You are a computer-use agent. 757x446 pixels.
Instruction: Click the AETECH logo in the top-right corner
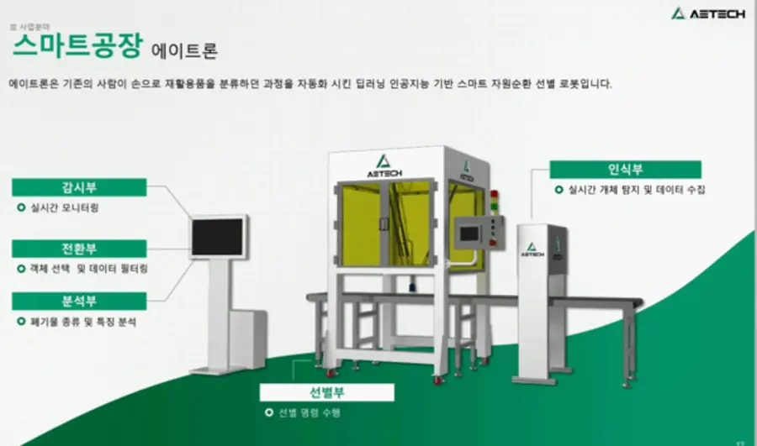(x=707, y=13)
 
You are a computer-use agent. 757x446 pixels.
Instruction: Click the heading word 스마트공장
(x=78, y=45)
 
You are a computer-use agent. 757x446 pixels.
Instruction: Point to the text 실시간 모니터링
(x=63, y=207)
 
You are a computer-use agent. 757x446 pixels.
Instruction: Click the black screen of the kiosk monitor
(x=219, y=236)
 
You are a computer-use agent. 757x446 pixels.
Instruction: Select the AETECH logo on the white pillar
(x=532, y=249)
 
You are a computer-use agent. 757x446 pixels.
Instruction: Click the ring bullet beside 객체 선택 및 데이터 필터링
(x=21, y=270)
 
